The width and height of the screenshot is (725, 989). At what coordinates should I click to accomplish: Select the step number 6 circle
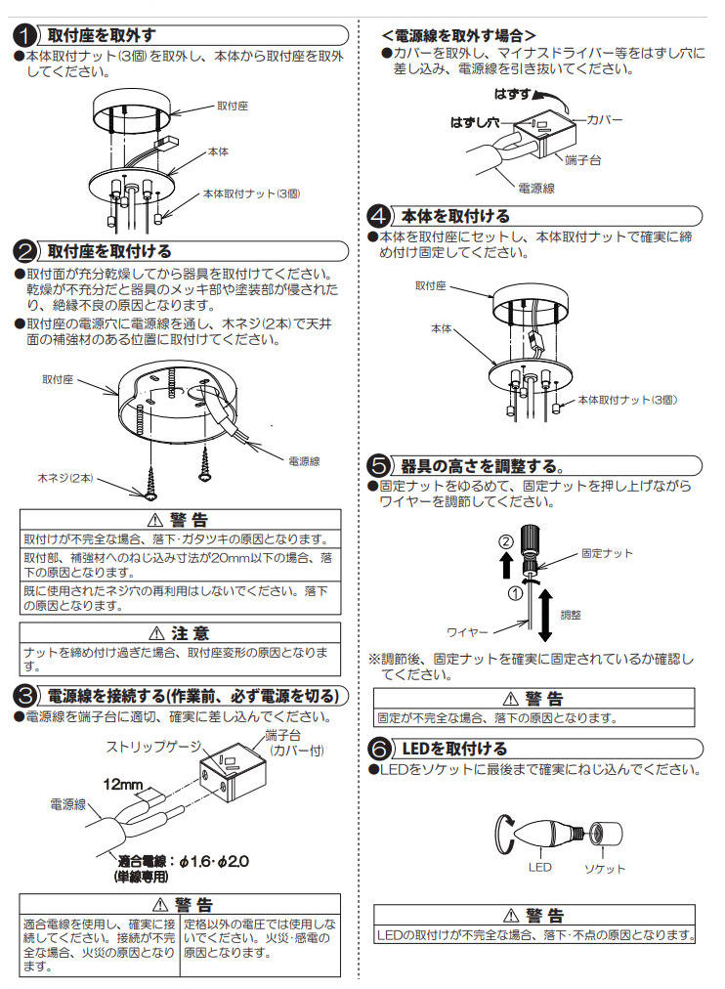coord(381,749)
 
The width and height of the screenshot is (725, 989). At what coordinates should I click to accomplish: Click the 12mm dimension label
coord(124,784)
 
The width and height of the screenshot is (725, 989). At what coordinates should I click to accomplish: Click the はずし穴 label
coord(474,123)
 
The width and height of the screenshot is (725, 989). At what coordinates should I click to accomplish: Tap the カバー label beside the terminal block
coord(605,118)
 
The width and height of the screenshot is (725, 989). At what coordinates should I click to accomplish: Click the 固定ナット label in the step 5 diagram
coord(606,553)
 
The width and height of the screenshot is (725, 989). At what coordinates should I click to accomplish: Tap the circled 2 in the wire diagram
coord(505,541)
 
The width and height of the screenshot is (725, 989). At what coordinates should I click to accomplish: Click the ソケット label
coord(604,868)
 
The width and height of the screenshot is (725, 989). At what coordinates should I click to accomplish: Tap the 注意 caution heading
coord(180,633)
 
